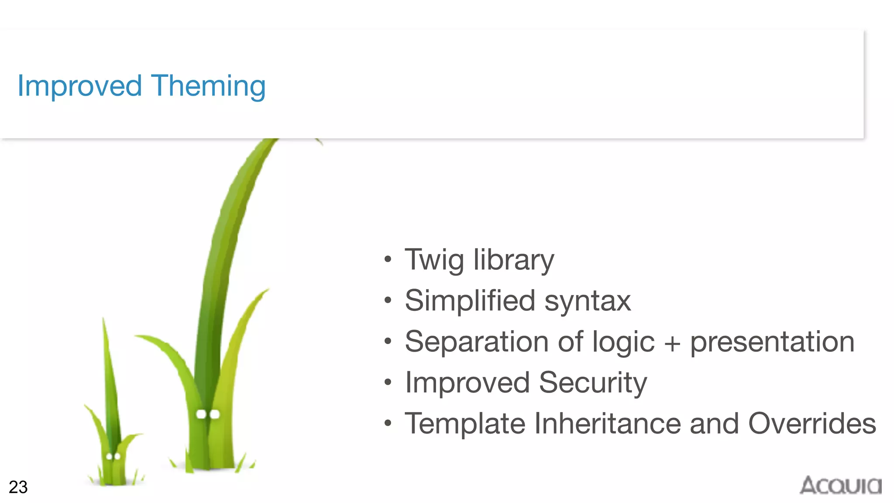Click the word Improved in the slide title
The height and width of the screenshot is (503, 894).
tap(79, 86)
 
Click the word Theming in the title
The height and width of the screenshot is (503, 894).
tap(208, 86)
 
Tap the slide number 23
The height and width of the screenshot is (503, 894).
tap(18, 487)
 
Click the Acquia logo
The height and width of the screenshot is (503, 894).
tap(840, 486)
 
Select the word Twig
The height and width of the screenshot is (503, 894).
tap(434, 260)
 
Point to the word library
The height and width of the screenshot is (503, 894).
tap(514, 260)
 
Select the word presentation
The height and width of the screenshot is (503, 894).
tap(772, 342)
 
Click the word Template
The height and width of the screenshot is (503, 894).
tap(465, 424)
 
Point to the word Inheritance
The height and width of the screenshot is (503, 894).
tap(607, 424)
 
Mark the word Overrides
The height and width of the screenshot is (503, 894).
tap(812, 424)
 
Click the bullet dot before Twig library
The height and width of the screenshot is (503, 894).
tap(388, 260)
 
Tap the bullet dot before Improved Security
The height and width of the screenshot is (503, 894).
tap(388, 382)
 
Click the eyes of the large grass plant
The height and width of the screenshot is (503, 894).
tap(208, 414)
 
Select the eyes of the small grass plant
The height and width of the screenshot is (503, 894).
tap(113, 457)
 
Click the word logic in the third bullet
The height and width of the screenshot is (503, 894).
tap(623, 342)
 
